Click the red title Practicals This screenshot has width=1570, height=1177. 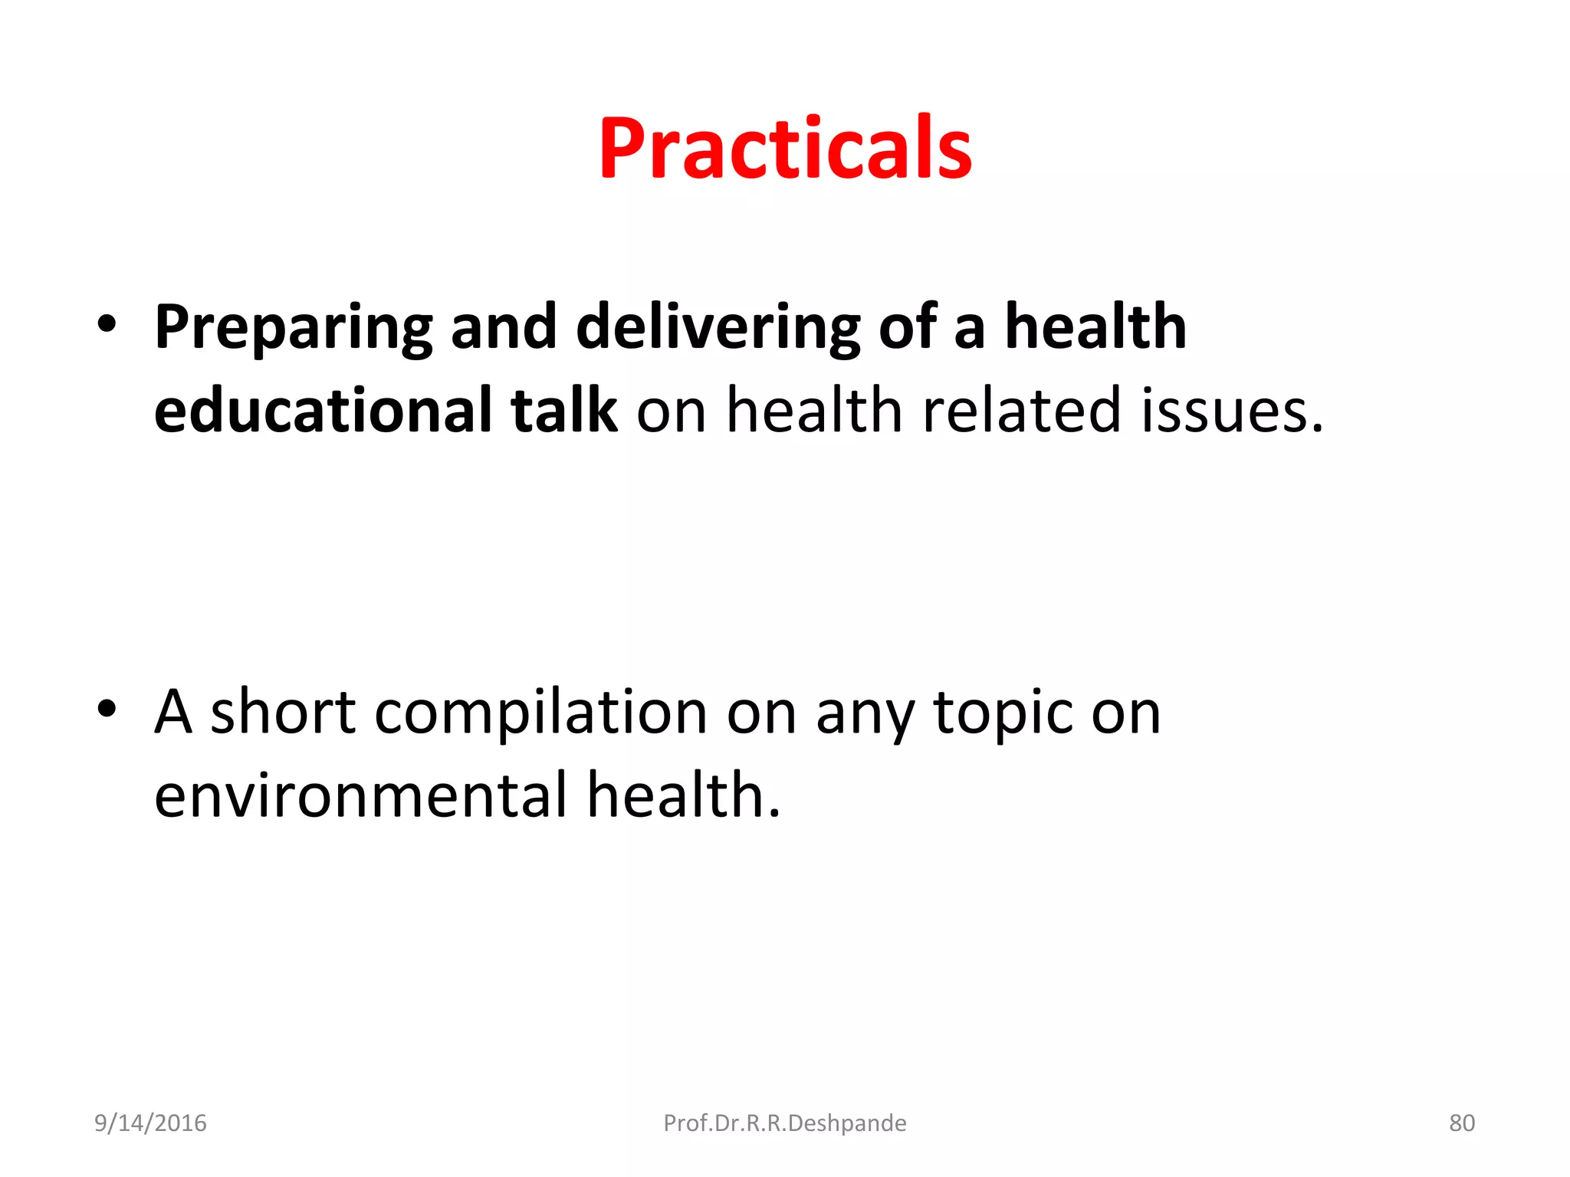[x=785, y=149]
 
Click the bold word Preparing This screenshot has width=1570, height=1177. [x=293, y=328]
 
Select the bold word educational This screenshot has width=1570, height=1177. [x=323, y=410]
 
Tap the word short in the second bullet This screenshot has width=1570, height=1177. [x=283, y=713]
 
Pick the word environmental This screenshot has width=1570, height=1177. [x=360, y=795]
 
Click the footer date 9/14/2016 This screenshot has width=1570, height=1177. [x=150, y=1123]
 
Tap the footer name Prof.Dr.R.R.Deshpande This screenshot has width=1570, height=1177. [x=785, y=1123]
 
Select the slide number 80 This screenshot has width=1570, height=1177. [x=1462, y=1123]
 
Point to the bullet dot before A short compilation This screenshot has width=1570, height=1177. [x=107, y=709]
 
